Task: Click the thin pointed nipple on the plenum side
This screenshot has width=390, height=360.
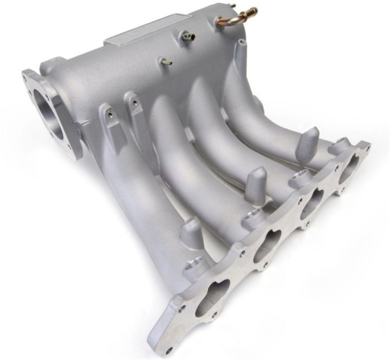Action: coord(165,62)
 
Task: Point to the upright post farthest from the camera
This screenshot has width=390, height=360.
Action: coord(310,139)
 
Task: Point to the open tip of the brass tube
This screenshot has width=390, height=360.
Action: coord(254,10)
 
